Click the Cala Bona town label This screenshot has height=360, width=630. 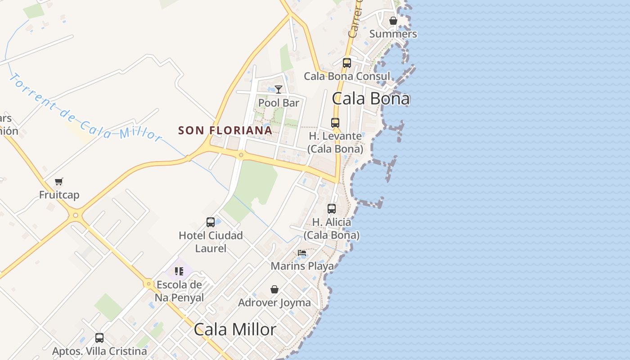pos(371,99)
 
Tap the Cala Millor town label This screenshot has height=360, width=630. pos(235,329)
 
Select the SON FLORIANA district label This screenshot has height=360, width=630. pos(225,130)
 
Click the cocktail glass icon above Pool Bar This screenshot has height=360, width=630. pos(279,90)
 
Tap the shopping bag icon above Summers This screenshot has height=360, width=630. pos(393,21)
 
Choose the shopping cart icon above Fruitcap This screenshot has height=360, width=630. pos(59,182)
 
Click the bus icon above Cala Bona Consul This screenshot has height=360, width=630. pos(346,63)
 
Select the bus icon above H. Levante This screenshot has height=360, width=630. pos(335,122)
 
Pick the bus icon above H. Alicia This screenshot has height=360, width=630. pos(332,209)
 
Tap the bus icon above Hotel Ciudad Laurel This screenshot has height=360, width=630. pos(211,222)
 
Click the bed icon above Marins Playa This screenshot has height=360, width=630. pos(302,253)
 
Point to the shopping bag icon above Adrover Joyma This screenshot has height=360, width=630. pos(274,289)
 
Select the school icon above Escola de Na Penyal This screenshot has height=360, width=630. pos(179,271)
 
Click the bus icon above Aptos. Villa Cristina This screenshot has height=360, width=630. pos(99,337)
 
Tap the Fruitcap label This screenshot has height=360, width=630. pos(59,195)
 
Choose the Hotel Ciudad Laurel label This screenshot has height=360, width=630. pos(211,242)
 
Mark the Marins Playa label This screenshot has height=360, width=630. pos(302,266)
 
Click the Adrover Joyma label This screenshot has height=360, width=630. pos(274,302)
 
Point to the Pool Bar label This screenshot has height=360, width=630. pos(279,103)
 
